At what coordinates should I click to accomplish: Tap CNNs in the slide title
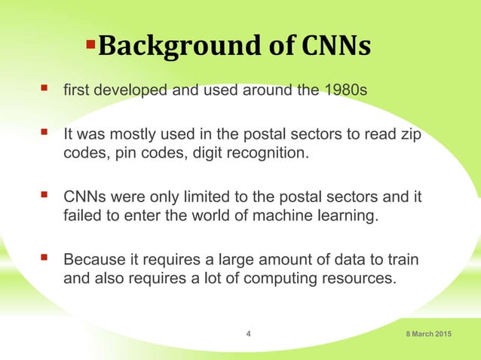coord(336,47)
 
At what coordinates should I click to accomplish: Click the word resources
coord(358,279)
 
